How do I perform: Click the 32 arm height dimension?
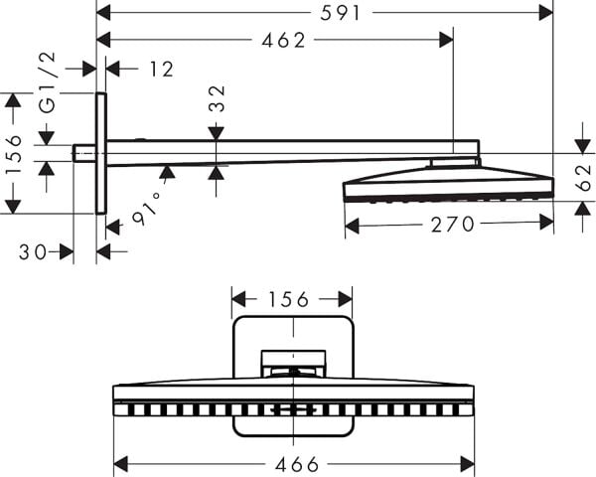[x=217, y=99]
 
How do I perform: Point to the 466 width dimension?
[x=293, y=464]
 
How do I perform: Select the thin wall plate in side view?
[x=100, y=153]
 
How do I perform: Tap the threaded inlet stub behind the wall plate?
[x=84, y=153]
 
